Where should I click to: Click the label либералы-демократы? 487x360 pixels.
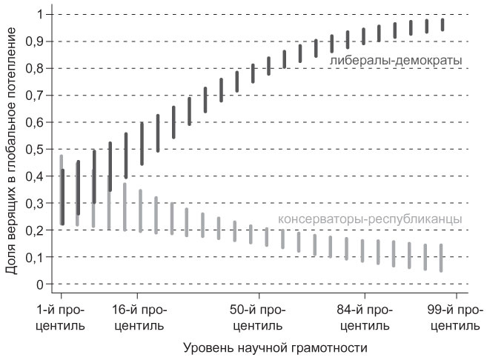click(x=396, y=59)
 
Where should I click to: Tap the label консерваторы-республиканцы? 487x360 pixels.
click(x=370, y=219)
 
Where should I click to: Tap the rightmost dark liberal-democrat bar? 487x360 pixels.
click(x=443, y=24)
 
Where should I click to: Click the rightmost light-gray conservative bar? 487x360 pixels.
click(x=441, y=258)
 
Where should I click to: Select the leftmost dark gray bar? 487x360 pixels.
click(x=63, y=196)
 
